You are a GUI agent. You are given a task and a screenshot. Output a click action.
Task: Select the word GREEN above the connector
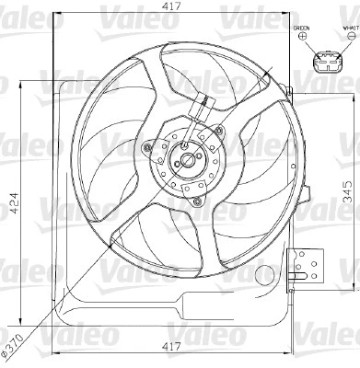pos(300,29)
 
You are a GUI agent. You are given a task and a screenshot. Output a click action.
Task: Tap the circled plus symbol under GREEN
pos(300,40)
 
